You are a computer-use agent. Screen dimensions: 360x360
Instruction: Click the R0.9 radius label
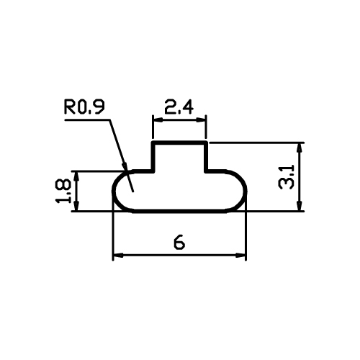coord(84,107)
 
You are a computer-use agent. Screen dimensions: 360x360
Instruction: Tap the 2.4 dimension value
coord(179,107)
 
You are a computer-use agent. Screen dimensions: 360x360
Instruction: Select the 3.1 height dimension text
coord(286,176)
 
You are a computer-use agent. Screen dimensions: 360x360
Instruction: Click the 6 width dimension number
coord(179,243)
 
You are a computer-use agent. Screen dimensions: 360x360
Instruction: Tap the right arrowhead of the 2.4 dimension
coord(201,120)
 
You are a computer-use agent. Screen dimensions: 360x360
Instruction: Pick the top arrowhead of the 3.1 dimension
coord(300,148)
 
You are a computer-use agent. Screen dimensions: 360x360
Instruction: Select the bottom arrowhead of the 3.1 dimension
coord(300,206)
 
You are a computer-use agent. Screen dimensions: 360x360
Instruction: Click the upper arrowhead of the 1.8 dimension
coord(76,177)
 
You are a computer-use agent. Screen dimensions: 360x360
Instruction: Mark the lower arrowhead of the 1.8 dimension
coord(76,206)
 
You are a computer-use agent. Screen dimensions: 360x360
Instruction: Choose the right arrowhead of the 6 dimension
coord(240,256)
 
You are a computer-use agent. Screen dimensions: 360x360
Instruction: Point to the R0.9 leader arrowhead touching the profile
coord(125,167)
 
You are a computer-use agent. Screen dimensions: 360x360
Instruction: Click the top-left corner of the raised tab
coord(153,143)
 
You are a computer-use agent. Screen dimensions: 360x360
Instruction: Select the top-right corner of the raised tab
coord(206,143)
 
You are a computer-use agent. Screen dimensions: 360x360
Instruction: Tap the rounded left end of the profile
coord(114,191)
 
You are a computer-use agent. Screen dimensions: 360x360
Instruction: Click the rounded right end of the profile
coord(245,191)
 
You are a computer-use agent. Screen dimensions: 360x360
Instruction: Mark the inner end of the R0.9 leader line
coord(133,192)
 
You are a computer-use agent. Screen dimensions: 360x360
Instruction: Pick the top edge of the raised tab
coord(179,143)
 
